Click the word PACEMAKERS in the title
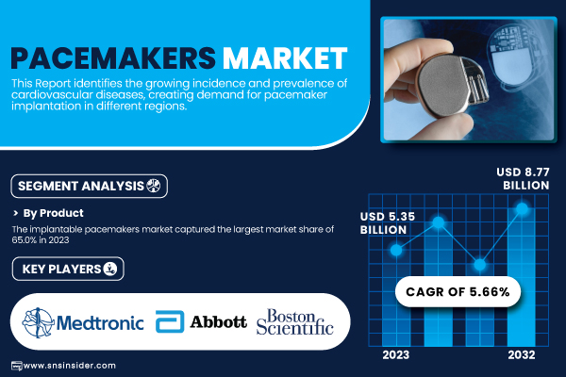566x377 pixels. (113, 58)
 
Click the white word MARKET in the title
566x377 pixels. (285, 58)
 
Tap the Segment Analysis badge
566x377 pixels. (90, 187)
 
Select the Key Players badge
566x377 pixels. (68, 269)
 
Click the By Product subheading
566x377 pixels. (54, 213)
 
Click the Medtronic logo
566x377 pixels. (83, 322)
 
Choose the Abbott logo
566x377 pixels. (201, 321)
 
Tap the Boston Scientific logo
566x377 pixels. (294, 321)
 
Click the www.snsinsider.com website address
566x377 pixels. (69, 366)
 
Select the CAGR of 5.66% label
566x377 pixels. (458, 292)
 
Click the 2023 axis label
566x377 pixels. (396, 355)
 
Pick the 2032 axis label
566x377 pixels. (522, 355)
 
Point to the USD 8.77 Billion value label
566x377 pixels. (523, 178)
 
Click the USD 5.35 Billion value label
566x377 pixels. (388, 223)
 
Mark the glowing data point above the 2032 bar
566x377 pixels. (522, 208)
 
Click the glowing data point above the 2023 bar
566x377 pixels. (396, 250)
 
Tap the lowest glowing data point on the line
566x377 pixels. (480, 265)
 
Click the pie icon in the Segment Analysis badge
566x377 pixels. (154, 186)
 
